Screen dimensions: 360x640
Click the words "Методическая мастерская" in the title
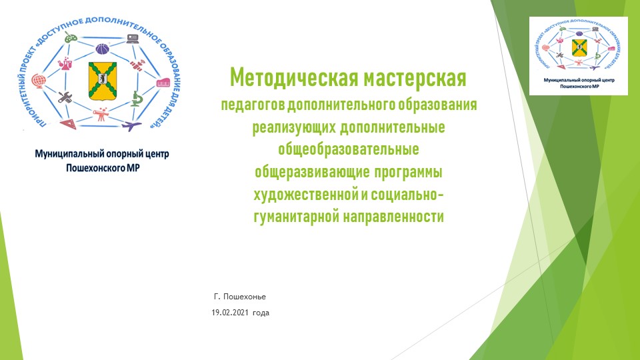347,78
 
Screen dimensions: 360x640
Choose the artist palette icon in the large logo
71,39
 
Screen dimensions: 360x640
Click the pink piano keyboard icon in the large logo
163,83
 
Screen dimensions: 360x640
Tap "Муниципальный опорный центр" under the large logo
102,154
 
